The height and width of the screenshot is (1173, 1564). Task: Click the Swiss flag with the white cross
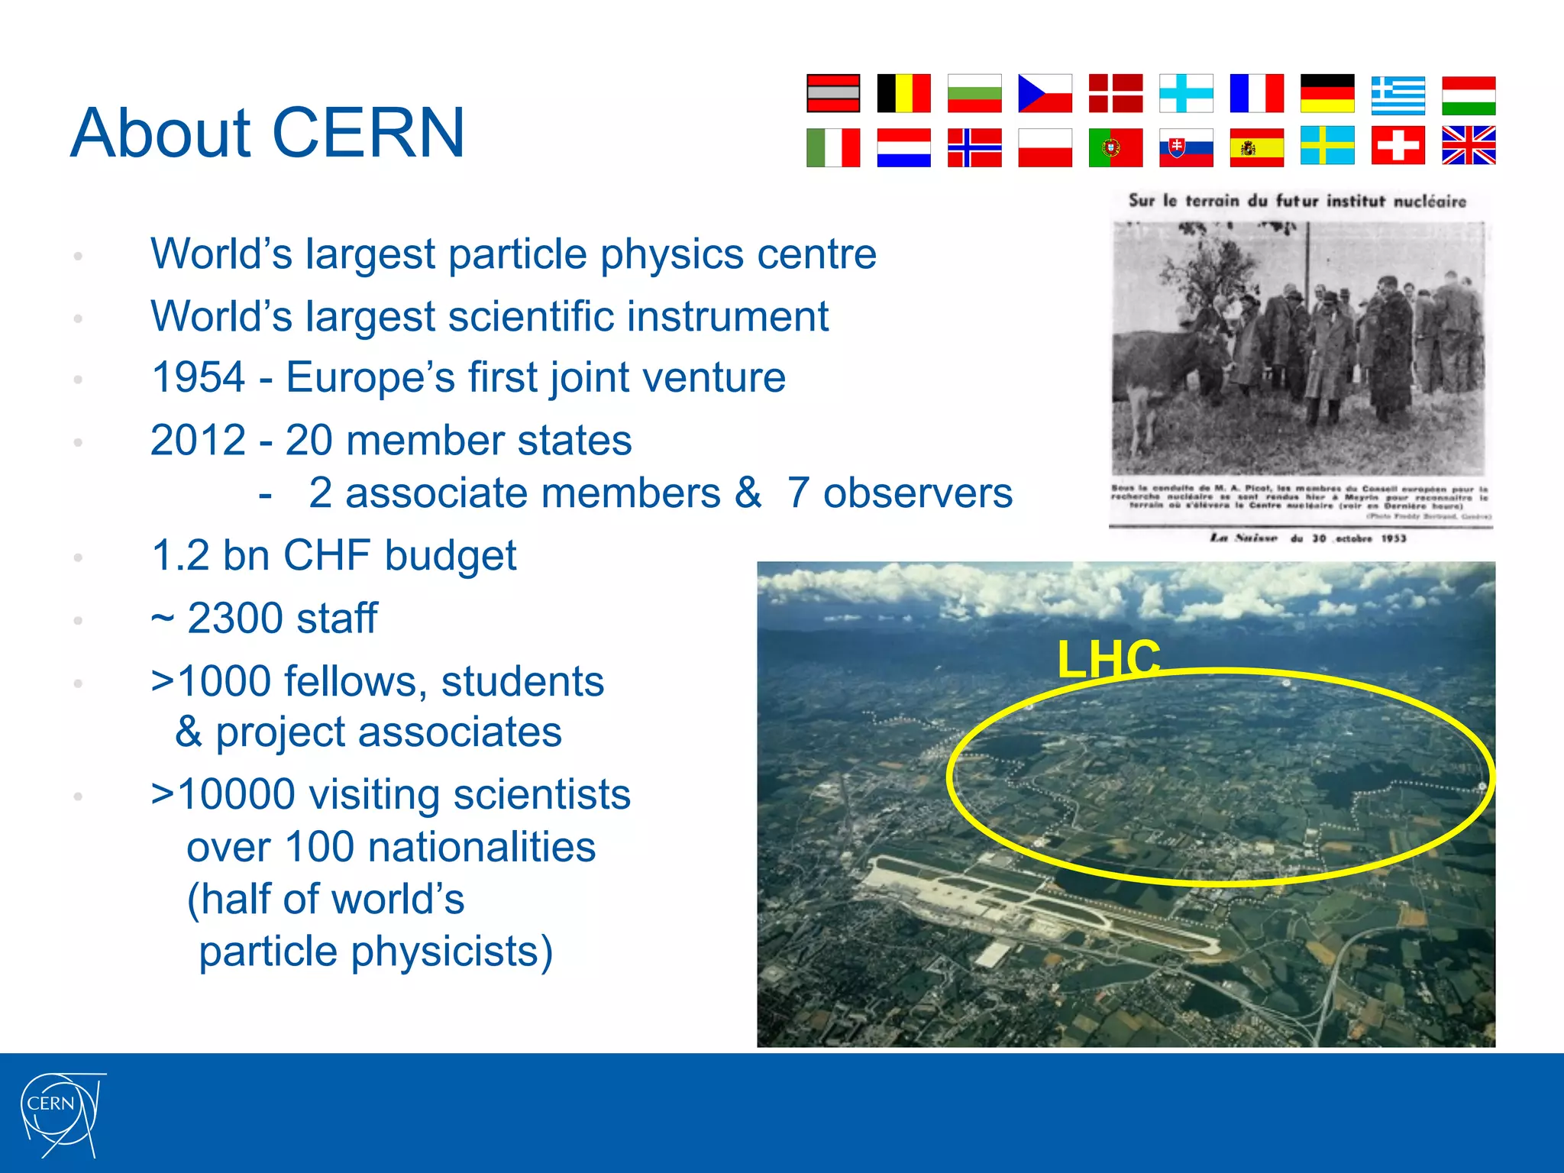[1398, 146]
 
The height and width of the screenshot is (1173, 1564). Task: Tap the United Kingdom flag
[1468, 146]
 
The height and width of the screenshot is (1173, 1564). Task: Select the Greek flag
[1398, 95]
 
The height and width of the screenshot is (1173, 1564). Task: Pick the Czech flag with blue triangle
[1045, 94]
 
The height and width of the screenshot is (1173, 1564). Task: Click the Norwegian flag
[974, 147]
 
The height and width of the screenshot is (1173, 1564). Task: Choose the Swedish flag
[1327, 146]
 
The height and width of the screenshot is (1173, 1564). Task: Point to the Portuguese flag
[1115, 147]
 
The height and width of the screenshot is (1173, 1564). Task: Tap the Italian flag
[833, 147]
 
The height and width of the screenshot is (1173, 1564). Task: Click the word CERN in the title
[368, 133]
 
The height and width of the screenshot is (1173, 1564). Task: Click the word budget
[451, 556]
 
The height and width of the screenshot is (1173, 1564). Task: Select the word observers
[917, 493]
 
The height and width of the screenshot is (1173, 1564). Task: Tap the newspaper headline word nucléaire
[1430, 202]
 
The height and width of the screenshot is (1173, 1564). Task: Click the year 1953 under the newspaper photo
[1393, 538]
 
